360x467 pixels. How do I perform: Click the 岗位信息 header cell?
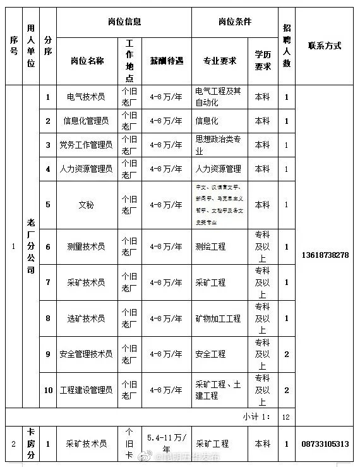[x=124, y=21]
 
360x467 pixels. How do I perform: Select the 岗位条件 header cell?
[x=234, y=21]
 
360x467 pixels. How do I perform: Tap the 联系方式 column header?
[x=324, y=45]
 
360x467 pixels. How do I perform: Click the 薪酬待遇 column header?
[x=167, y=61]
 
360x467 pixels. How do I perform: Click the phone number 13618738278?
[x=325, y=255]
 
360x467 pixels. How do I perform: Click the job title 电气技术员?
[x=86, y=97]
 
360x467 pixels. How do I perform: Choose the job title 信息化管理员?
[x=86, y=121]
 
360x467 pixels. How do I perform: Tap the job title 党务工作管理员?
[x=86, y=145]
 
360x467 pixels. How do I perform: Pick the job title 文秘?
[x=86, y=205]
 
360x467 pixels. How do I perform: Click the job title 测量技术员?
[x=86, y=246]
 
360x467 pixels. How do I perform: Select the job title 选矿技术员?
[x=86, y=318]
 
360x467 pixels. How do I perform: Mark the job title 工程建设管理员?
[x=86, y=390]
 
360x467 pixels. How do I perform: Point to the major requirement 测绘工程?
[x=211, y=246]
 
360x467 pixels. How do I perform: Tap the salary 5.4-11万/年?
[x=167, y=444]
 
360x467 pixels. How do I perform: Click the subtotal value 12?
[x=286, y=417]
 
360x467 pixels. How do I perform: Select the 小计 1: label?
[x=256, y=417]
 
